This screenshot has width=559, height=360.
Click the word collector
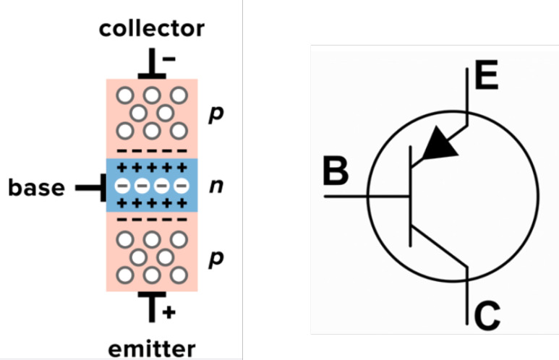152,28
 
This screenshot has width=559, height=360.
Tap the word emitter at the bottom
152,349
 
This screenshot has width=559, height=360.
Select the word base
36,187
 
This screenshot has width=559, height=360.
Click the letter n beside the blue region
216,186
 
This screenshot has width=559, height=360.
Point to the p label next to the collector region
216,114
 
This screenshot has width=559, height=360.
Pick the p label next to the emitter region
216,259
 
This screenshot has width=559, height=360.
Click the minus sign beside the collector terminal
169,59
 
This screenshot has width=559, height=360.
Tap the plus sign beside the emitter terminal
169,312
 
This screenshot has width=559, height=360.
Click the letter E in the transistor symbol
486,75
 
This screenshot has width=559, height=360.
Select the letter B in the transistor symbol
336,171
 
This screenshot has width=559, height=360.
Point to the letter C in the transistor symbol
487,315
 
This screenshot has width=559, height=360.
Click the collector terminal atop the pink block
152,64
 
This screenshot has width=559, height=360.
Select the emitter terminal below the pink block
152,307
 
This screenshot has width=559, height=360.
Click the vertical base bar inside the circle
410,196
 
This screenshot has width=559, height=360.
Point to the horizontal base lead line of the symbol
367,196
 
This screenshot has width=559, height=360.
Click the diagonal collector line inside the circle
439,246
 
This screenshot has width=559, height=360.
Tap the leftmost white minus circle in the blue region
122,186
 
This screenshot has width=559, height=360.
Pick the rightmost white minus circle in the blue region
182,186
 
